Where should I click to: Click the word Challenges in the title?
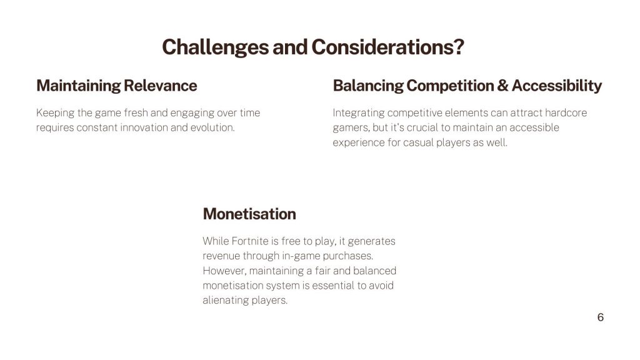(x=215, y=47)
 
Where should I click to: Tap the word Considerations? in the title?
(x=387, y=47)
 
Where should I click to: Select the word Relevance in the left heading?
(x=160, y=86)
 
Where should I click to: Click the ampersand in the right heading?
(x=503, y=86)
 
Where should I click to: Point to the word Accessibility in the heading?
(x=557, y=86)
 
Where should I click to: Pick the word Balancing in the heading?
(x=368, y=86)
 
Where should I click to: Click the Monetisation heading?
(x=249, y=214)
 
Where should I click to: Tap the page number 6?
(x=601, y=317)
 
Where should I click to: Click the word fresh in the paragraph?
(x=136, y=112)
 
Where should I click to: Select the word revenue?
(x=221, y=256)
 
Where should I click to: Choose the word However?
(x=224, y=271)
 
